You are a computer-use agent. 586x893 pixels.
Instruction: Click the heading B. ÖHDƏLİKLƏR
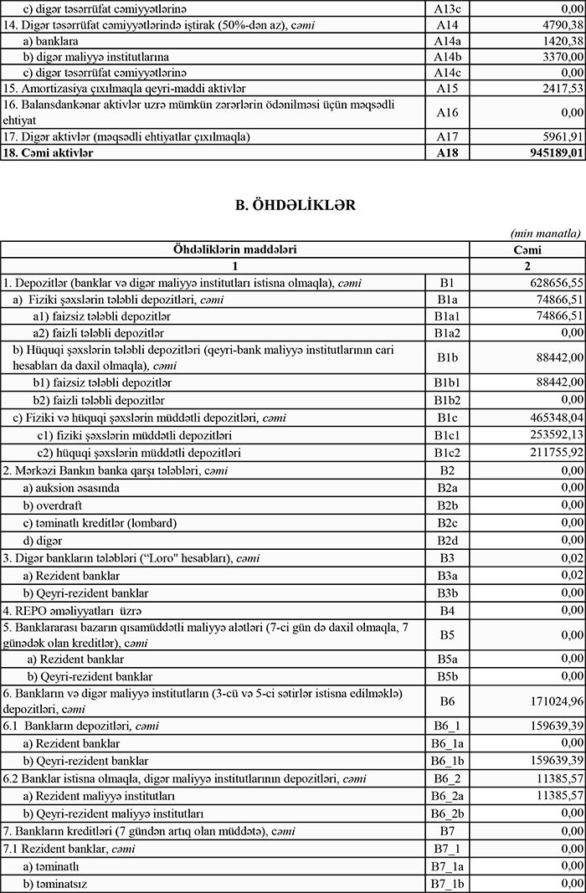click(293, 205)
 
